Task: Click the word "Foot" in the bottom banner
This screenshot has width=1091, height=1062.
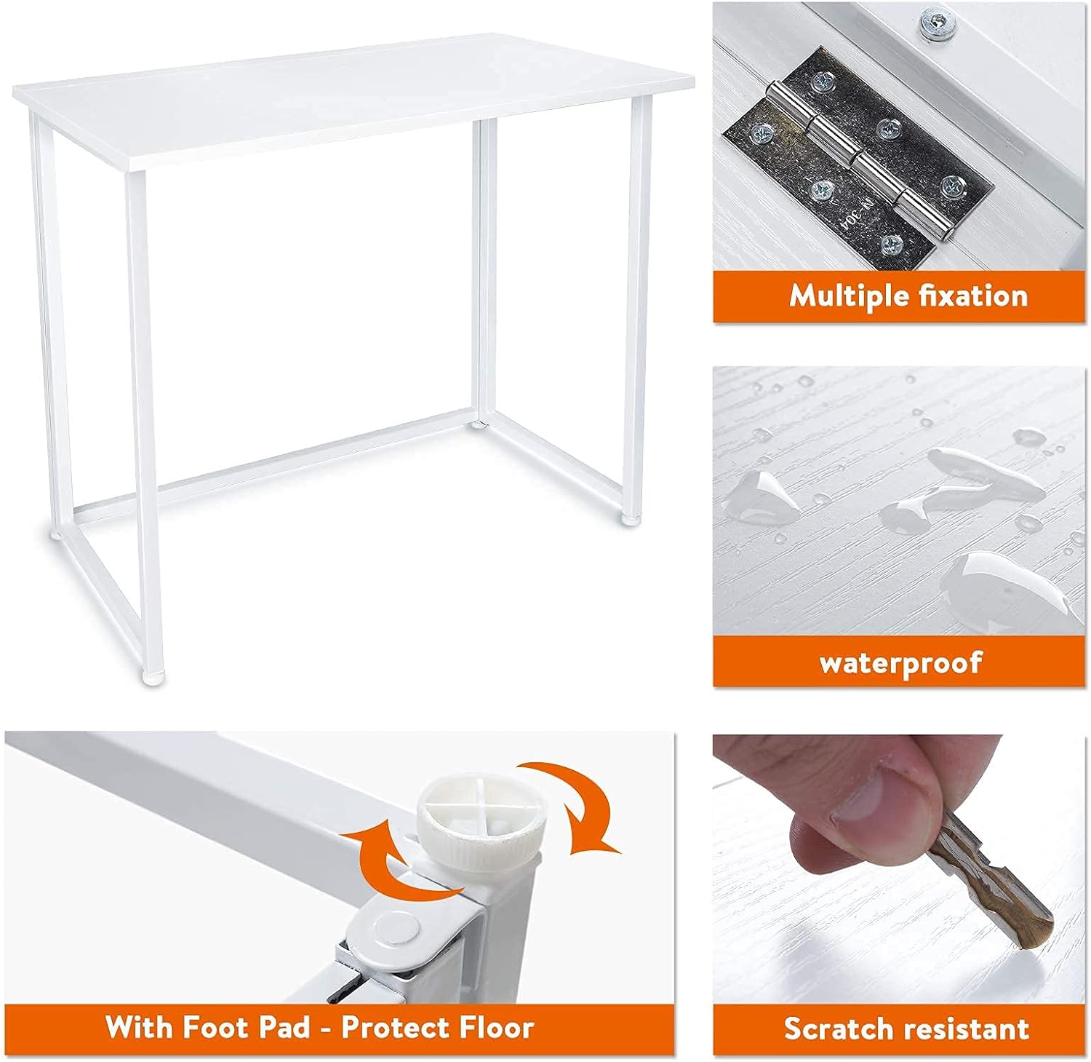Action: click(217, 1027)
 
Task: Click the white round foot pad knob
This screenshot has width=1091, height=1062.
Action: click(481, 820)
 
